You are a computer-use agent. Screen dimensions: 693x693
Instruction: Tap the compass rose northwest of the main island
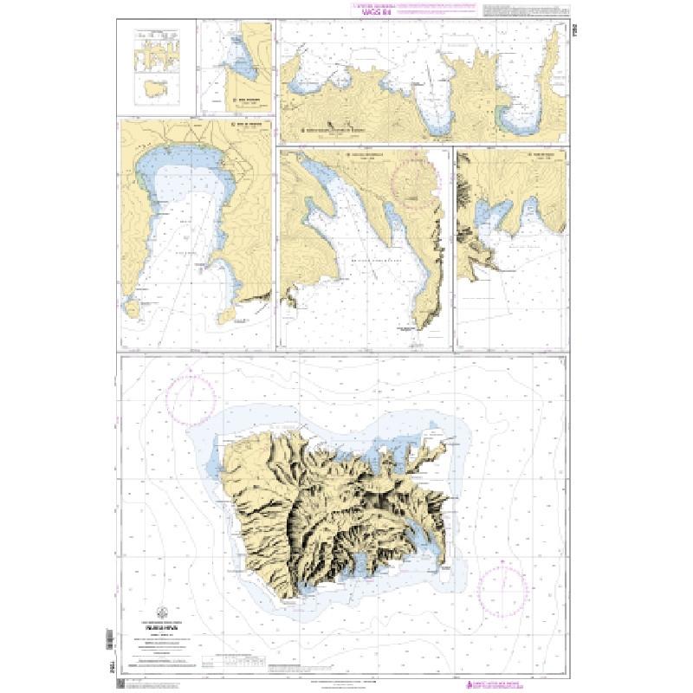[x=191, y=398]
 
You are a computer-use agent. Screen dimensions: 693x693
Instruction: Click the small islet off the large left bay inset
[x=132, y=307]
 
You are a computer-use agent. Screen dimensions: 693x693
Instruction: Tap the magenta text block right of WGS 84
[x=433, y=13]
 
